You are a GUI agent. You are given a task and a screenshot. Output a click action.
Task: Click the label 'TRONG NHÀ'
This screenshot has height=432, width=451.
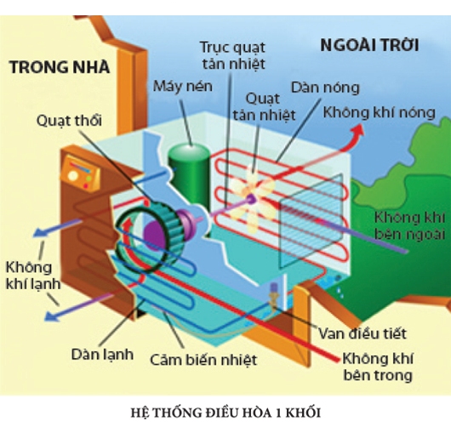click(60, 66)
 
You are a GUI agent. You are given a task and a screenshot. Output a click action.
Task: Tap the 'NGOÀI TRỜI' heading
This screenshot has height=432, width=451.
click(369, 45)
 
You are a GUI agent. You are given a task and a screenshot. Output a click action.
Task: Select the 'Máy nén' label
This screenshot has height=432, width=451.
click(183, 86)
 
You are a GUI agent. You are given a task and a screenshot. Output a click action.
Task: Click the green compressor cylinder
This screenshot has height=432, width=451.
click(189, 175)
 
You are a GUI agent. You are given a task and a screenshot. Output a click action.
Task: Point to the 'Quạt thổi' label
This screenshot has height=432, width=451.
click(69, 121)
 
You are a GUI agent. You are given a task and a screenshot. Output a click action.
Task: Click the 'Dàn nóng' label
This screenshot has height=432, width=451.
click(325, 88)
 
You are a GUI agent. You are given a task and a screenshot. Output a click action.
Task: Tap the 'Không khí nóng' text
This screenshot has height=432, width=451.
click(379, 112)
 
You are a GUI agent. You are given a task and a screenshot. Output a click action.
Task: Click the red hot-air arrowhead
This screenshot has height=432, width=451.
click(357, 130)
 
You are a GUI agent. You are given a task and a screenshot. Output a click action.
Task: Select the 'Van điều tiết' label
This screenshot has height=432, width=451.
click(363, 333)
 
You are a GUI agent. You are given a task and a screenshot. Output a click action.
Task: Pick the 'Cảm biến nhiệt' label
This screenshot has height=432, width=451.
click(203, 360)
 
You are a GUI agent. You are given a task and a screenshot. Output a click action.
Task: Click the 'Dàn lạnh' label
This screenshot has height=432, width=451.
click(102, 354)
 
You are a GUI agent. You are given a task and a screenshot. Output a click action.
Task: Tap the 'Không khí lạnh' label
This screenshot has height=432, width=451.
click(33, 276)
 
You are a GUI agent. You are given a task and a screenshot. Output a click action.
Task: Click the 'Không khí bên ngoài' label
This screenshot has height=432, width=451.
click(409, 225)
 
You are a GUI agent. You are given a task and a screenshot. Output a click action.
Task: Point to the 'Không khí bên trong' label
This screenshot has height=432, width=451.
click(378, 367)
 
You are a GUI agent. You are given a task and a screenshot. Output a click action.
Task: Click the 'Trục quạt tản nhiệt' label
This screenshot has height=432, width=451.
click(233, 55)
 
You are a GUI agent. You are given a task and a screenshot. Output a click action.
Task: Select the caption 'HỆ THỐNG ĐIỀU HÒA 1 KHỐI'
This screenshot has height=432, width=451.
click(225, 412)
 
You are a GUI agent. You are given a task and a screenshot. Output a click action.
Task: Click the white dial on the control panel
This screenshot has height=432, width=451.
click(73, 175)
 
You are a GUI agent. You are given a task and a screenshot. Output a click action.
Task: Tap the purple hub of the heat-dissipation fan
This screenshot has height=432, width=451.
click(251, 198)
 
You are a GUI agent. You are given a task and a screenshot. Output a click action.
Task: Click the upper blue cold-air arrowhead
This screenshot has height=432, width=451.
click(39, 231)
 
